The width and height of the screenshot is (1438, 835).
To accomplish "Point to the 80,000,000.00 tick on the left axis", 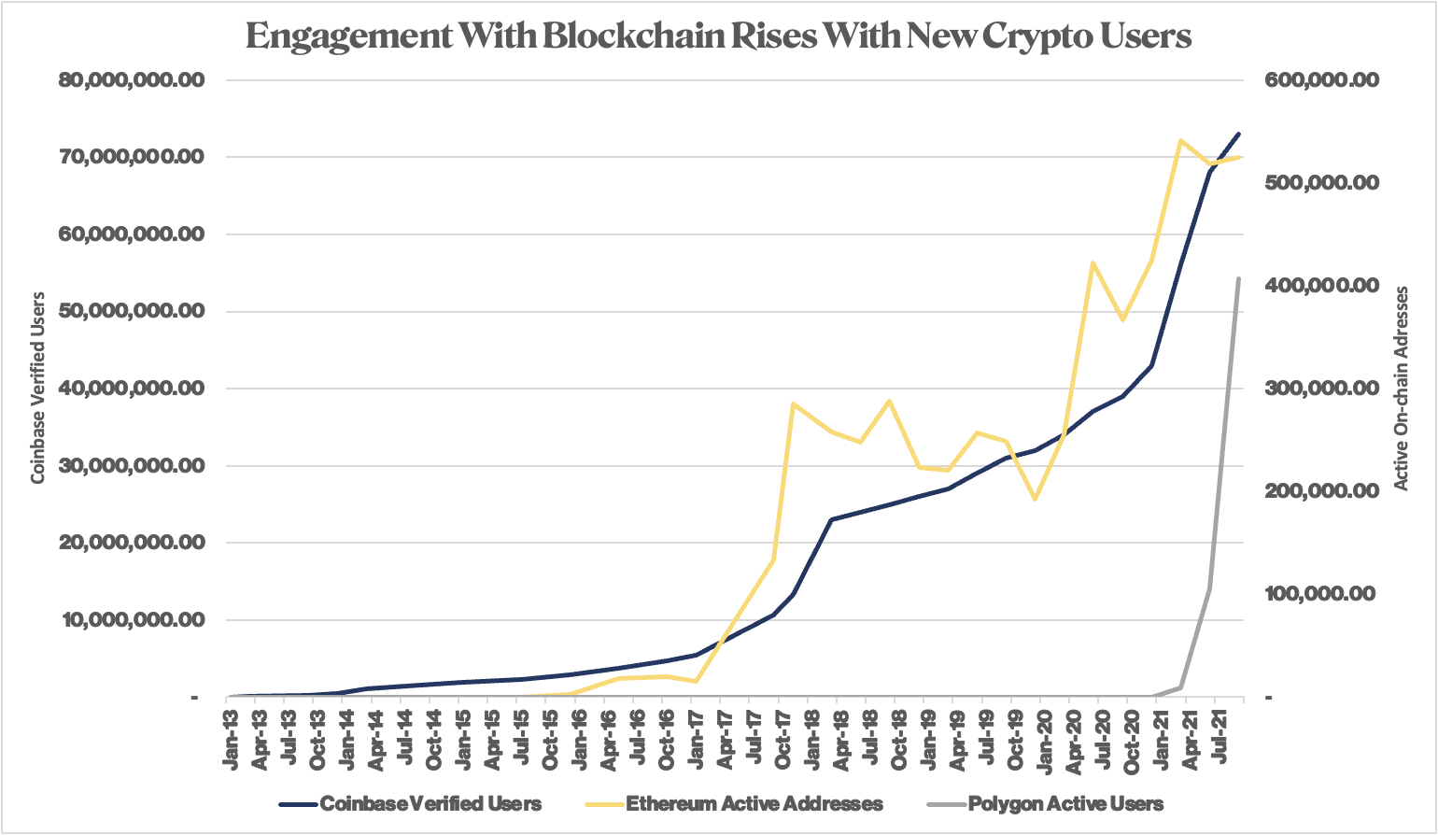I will click(x=132, y=80).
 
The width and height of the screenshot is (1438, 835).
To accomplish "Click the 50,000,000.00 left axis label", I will click(x=132, y=311).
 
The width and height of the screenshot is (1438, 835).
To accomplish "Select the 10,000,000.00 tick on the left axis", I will click(x=132, y=620).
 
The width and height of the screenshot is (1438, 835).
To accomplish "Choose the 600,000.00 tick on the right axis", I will click(x=1320, y=80).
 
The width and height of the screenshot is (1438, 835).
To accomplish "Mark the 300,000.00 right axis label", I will click(x=1320, y=389).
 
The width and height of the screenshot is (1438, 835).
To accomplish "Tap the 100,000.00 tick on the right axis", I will click(x=1320, y=594).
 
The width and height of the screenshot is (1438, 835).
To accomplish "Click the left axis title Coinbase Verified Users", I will click(x=38, y=388).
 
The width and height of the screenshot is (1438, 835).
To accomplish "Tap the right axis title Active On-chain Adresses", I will click(x=1401, y=388).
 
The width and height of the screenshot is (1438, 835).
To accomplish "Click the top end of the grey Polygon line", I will click(x=1239, y=278).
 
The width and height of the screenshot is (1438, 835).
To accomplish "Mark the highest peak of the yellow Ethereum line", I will click(x=1181, y=140).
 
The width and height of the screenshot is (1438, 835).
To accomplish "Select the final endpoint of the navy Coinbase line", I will click(x=1239, y=134).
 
